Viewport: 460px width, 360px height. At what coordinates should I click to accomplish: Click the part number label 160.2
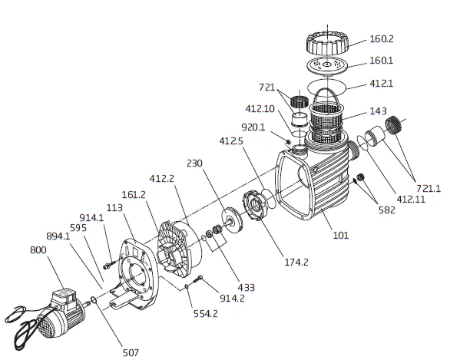point(382,39)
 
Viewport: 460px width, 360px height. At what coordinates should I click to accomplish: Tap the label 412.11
point(411,200)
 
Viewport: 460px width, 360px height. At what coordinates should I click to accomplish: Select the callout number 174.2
point(296,262)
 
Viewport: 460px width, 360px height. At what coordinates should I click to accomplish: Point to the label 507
point(131,352)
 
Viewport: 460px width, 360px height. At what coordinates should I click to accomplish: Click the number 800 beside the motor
point(38,250)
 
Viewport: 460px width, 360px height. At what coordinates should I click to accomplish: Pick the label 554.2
point(206,314)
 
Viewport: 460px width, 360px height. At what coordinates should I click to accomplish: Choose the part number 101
point(341,235)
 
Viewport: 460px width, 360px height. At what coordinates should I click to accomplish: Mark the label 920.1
point(253,127)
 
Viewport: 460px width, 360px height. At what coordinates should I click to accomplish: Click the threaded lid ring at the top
point(327,44)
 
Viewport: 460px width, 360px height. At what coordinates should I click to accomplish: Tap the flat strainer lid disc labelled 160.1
point(327,66)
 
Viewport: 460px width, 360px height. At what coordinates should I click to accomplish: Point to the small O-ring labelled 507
point(94,300)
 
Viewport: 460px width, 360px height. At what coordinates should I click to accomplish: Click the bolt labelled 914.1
point(109,266)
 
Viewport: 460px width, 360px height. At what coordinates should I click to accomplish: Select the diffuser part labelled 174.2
point(255,205)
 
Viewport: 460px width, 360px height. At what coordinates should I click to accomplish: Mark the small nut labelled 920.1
point(288,142)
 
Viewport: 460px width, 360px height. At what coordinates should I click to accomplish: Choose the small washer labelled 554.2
point(187,286)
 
